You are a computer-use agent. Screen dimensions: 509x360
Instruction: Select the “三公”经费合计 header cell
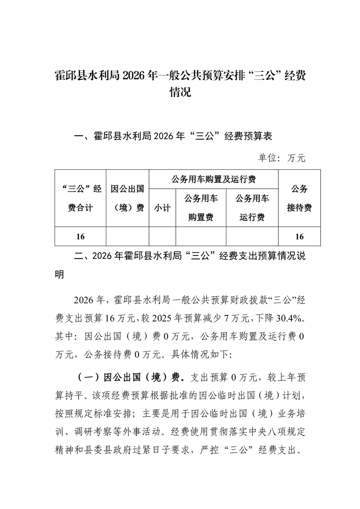[80, 198]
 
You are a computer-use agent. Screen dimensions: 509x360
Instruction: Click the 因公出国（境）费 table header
[128, 198]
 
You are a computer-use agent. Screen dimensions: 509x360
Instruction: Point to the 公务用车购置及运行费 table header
[213, 179]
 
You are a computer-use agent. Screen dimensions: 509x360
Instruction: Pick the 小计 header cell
[162, 208]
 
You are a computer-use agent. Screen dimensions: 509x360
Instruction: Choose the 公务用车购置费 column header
[201, 208]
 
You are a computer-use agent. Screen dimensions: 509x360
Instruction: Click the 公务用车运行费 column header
[252, 208]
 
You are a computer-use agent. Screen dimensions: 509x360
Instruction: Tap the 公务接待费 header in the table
[299, 198]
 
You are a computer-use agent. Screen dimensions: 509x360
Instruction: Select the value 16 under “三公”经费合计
[80, 236]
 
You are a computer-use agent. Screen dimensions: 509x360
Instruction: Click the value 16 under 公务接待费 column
[299, 236]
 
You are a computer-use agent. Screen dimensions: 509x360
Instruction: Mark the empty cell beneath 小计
[162, 236]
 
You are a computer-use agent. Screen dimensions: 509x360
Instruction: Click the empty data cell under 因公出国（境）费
[128, 236]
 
